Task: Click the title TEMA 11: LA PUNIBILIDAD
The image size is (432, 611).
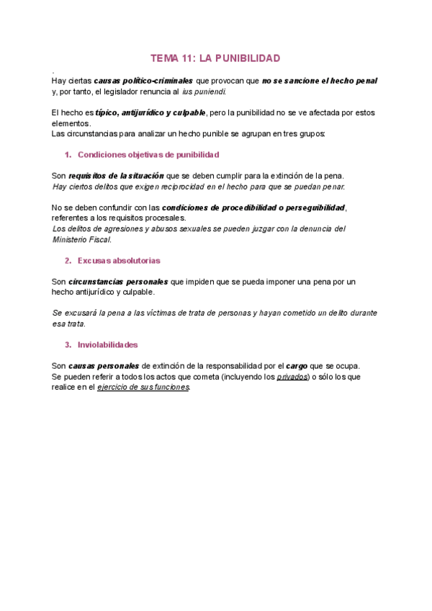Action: [x=215, y=58]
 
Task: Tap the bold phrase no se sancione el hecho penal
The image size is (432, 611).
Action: [x=320, y=81]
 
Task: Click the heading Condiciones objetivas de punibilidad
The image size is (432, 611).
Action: [x=148, y=155]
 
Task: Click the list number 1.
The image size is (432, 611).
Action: [x=68, y=155]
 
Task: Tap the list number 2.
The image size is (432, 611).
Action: [x=68, y=260]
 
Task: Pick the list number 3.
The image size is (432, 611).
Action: [x=68, y=344]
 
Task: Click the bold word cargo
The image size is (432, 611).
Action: [x=296, y=366]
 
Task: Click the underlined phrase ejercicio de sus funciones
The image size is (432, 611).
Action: [x=143, y=388]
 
